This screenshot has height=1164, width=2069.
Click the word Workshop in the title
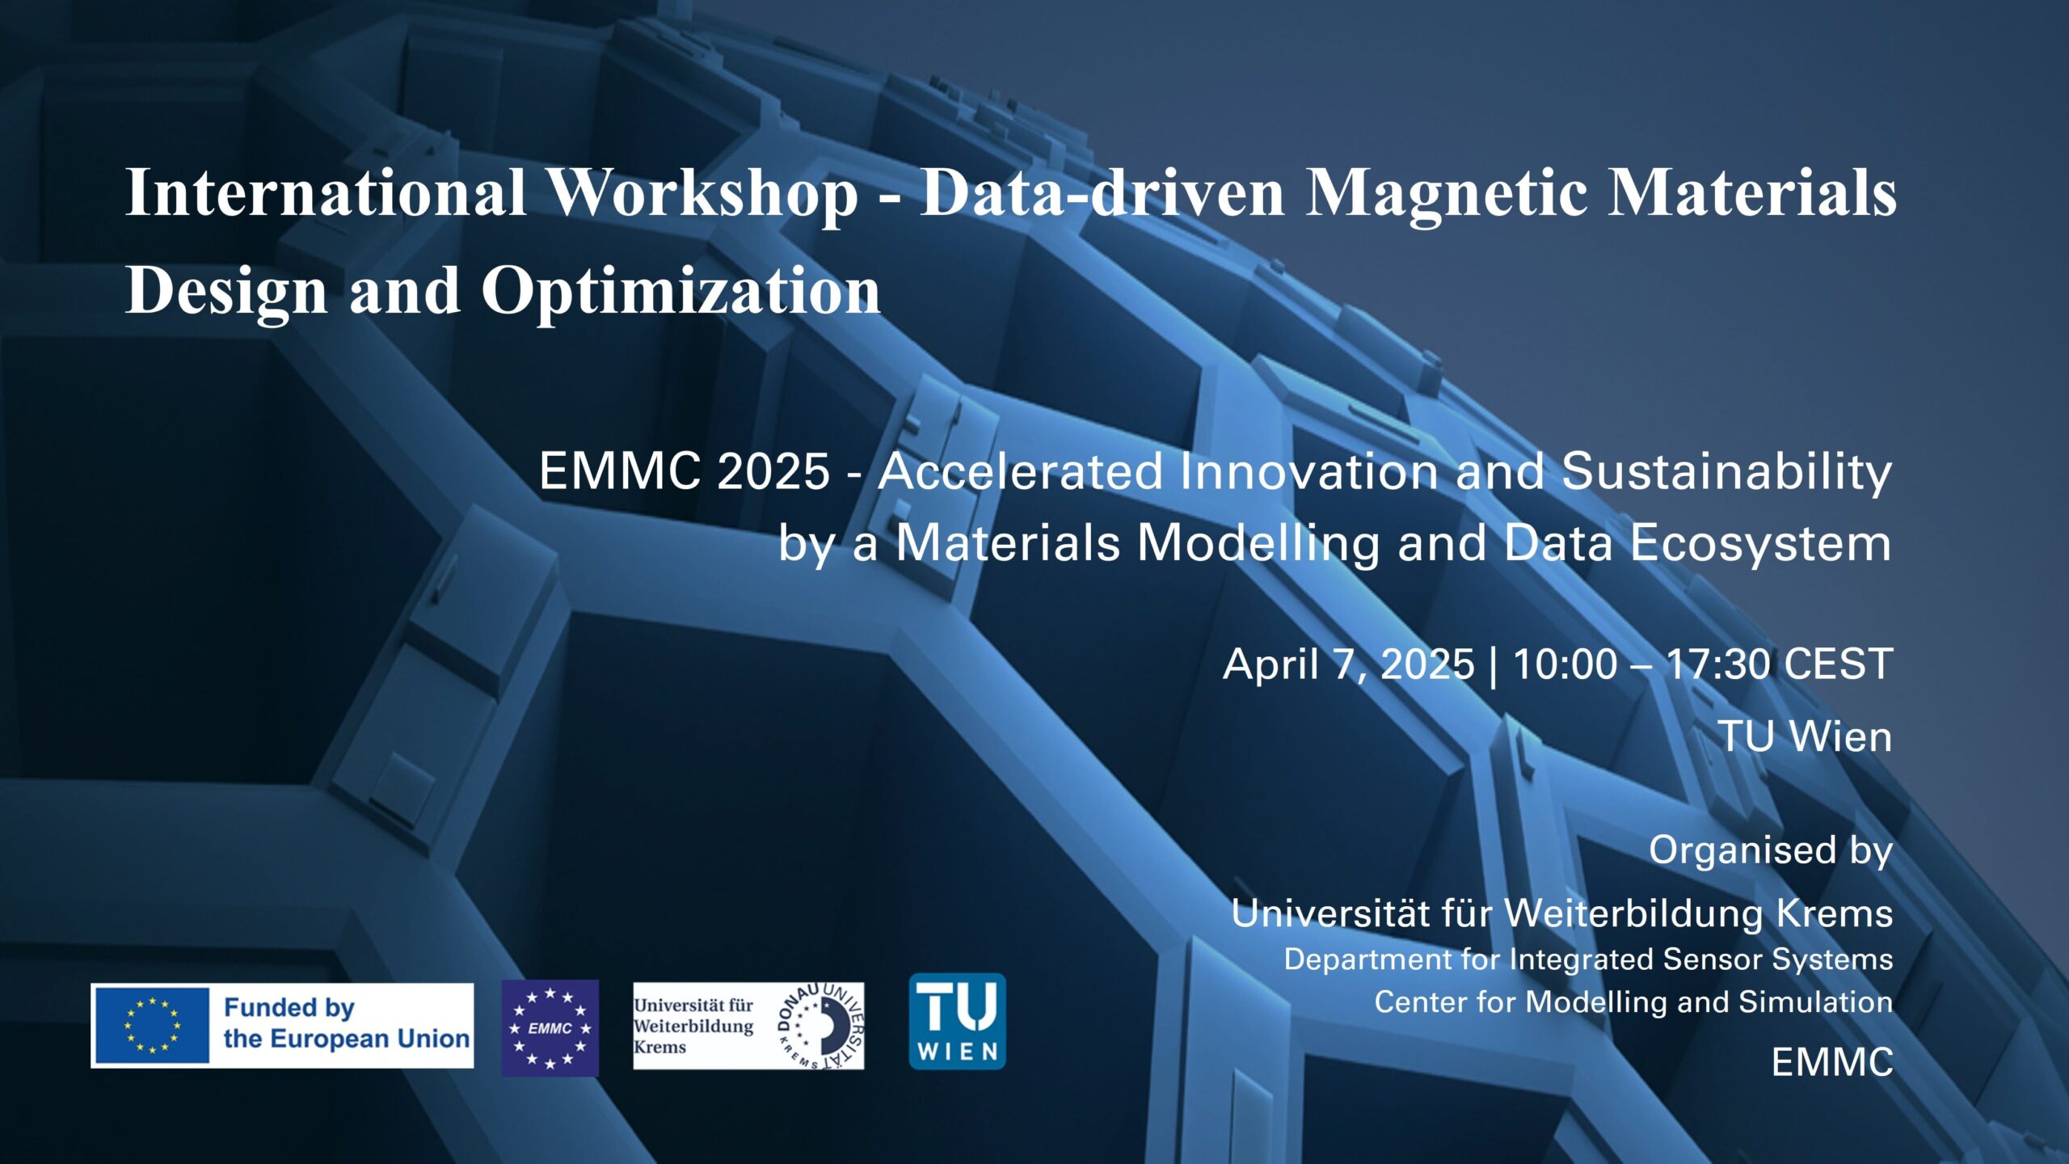702,194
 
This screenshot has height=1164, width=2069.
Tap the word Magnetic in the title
1446,194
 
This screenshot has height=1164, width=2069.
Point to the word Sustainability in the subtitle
1726,472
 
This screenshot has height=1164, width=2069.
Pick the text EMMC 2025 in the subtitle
684,472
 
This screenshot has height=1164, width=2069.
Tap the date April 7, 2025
1348,665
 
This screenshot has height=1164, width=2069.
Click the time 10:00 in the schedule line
1565,665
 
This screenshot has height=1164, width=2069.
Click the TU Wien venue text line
1804,737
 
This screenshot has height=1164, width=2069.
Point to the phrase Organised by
1770,850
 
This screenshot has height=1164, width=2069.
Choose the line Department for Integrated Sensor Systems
1588,959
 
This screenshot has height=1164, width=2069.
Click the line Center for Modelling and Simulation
1633,1002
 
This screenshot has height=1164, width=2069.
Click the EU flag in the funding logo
152,1026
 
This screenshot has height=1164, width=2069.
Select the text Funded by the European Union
346,1024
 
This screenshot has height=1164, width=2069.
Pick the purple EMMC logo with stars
550,1028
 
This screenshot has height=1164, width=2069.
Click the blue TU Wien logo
957,1022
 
